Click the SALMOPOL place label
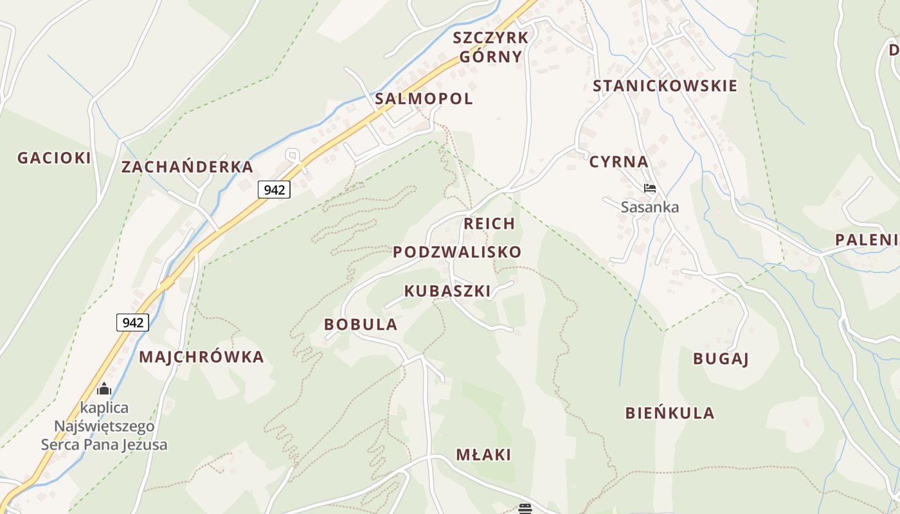pyautogui.click(x=424, y=99)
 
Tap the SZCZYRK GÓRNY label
pyautogui.click(x=491, y=47)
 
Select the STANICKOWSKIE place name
pyautogui.click(x=665, y=86)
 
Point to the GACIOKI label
pyautogui.click(x=54, y=158)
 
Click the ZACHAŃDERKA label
pyautogui.click(x=187, y=167)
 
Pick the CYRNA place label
pyautogui.click(x=618, y=162)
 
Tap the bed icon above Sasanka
pyautogui.click(x=650, y=188)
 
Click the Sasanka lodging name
pyautogui.click(x=649, y=207)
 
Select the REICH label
pyautogui.click(x=489, y=224)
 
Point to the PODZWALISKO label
pyautogui.click(x=457, y=252)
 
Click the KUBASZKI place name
pyautogui.click(x=447, y=291)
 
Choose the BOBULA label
pyautogui.click(x=361, y=324)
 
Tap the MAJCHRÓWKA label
pyautogui.click(x=201, y=357)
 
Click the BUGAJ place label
pyautogui.click(x=721, y=359)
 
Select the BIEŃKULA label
pyautogui.click(x=669, y=413)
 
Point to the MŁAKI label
pyautogui.click(x=483, y=455)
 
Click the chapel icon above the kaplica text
pyautogui.click(x=104, y=389)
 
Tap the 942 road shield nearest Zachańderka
pyautogui.click(x=274, y=190)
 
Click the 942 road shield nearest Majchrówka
pyautogui.click(x=132, y=323)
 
